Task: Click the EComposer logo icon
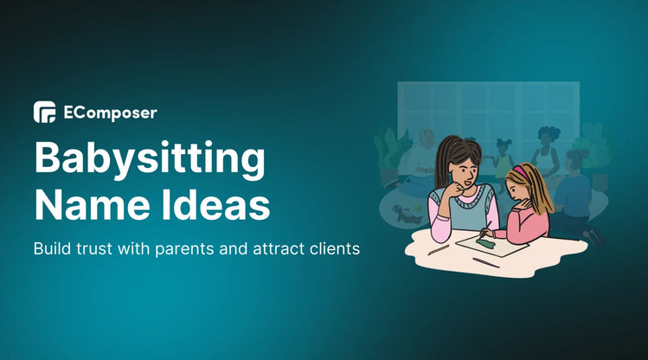(x=45, y=112)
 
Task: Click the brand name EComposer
(x=110, y=112)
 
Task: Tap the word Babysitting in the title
(x=149, y=162)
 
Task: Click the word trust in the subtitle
(x=95, y=248)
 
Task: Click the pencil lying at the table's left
(x=439, y=248)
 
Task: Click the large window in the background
(x=488, y=113)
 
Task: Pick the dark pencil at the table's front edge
(x=486, y=262)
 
